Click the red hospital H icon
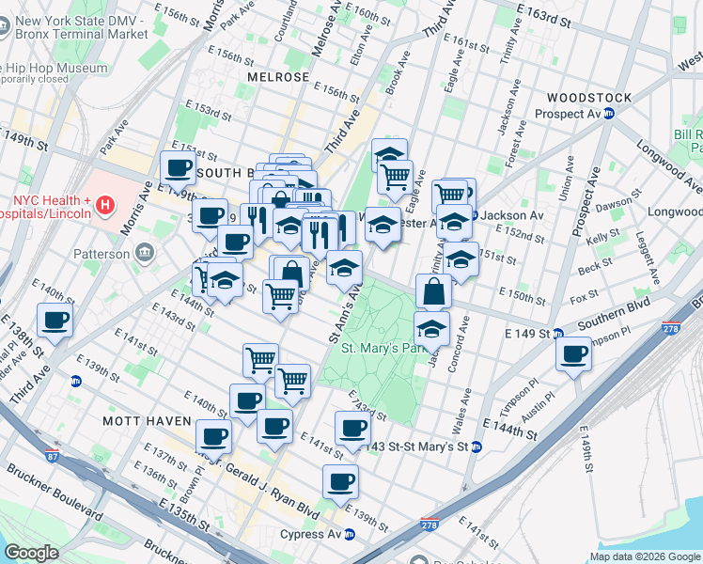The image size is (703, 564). (x=105, y=203)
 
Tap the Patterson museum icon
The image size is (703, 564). (x=144, y=253)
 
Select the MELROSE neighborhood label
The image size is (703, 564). (x=277, y=76)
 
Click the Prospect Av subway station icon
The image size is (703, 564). (x=608, y=114)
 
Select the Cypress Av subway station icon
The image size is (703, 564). (x=349, y=534)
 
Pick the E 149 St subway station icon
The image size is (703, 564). (x=557, y=334)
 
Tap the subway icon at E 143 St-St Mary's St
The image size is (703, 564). (x=476, y=447)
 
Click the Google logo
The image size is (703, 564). (x=31, y=553)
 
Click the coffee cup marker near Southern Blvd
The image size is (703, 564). (x=573, y=354)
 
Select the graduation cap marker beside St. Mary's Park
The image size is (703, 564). (x=431, y=329)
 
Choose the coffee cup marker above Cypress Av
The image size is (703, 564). (x=340, y=481)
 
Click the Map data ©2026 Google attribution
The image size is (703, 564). (x=644, y=556)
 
